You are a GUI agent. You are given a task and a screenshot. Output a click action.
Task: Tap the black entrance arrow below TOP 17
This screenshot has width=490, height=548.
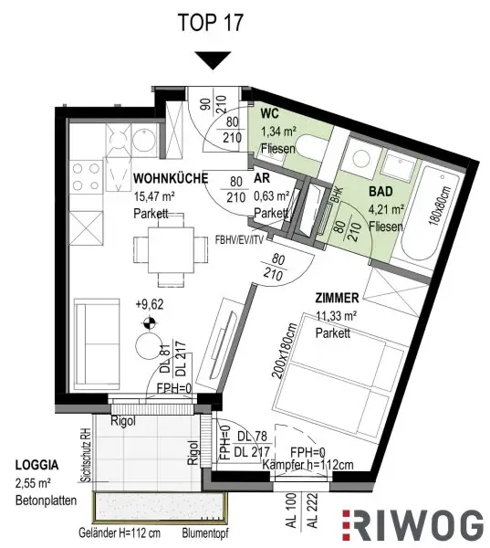point(214,60)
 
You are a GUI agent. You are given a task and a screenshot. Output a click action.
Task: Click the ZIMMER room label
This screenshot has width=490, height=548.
point(337,298)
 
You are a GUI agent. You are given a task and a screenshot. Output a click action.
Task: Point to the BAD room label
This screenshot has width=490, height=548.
point(381,195)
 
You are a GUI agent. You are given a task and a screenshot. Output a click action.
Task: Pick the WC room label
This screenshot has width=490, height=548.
point(269,114)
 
